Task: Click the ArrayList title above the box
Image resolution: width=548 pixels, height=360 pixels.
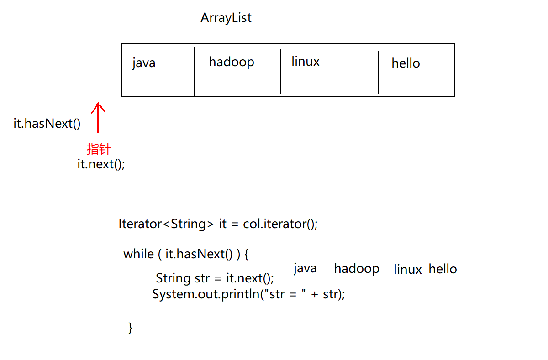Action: click(x=226, y=18)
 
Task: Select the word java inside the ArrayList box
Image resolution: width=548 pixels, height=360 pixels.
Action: click(x=144, y=63)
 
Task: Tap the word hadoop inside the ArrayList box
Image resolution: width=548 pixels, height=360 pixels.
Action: click(x=231, y=62)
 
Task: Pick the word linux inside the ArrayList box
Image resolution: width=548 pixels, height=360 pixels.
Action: click(x=305, y=61)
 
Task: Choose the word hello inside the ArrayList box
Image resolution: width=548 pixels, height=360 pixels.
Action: click(x=406, y=63)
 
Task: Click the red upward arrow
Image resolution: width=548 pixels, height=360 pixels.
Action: click(x=98, y=118)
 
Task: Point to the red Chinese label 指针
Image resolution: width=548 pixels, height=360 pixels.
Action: click(x=99, y=149)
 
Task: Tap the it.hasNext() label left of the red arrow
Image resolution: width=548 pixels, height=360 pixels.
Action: click(x=47, y=124)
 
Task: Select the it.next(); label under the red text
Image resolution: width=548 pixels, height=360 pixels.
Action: click(x=101, y=164)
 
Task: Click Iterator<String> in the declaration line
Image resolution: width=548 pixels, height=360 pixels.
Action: click(x=166, y=224)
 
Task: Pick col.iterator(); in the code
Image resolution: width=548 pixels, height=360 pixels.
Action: click(x=280, y=224)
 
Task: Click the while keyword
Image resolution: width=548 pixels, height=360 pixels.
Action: click(x=138, y=254)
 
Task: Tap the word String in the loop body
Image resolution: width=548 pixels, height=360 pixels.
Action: click(x=173, y=278)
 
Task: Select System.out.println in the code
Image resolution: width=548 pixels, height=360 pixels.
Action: click(x=205, y=294)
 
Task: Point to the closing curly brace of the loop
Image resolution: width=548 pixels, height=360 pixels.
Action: click(x=130, y=327)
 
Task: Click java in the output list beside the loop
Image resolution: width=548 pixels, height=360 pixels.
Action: click(x=305, y=268)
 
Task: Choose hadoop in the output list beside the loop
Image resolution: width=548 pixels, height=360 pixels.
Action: click(x=356, y=268)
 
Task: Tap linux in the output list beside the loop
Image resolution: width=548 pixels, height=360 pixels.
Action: click(x=407, y=269)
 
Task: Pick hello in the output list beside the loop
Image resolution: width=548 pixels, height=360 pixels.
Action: click(x=443, y=269)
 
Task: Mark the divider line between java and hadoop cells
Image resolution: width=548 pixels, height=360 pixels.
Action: click(x=194, y=72)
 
